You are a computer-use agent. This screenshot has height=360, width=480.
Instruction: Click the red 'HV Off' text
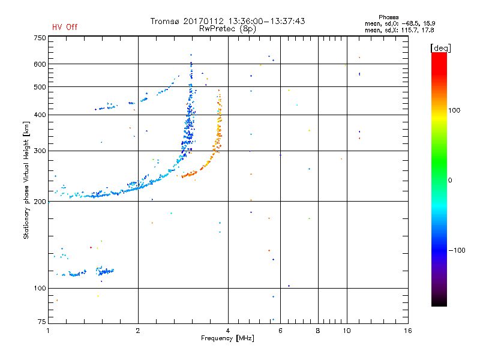point(65,27)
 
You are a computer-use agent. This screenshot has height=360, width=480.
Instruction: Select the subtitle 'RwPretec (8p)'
point(228,28)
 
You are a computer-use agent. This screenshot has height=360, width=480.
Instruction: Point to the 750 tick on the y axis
point(40,38)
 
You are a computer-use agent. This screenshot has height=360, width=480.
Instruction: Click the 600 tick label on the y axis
point(40,64)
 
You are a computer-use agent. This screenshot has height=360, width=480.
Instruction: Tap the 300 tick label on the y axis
point(40,151)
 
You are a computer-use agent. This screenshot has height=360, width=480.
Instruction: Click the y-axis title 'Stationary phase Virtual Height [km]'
point(26,181)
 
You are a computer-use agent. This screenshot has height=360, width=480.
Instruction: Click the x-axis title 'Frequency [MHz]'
point(228,339)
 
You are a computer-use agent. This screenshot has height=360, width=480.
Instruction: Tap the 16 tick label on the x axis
point(407,331)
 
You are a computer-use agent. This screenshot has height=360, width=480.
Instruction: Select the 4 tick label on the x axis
point(228,331)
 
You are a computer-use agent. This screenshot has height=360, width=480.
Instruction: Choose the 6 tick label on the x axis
point(280,331)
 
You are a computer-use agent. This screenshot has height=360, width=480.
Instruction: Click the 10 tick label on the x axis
point(346,331)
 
